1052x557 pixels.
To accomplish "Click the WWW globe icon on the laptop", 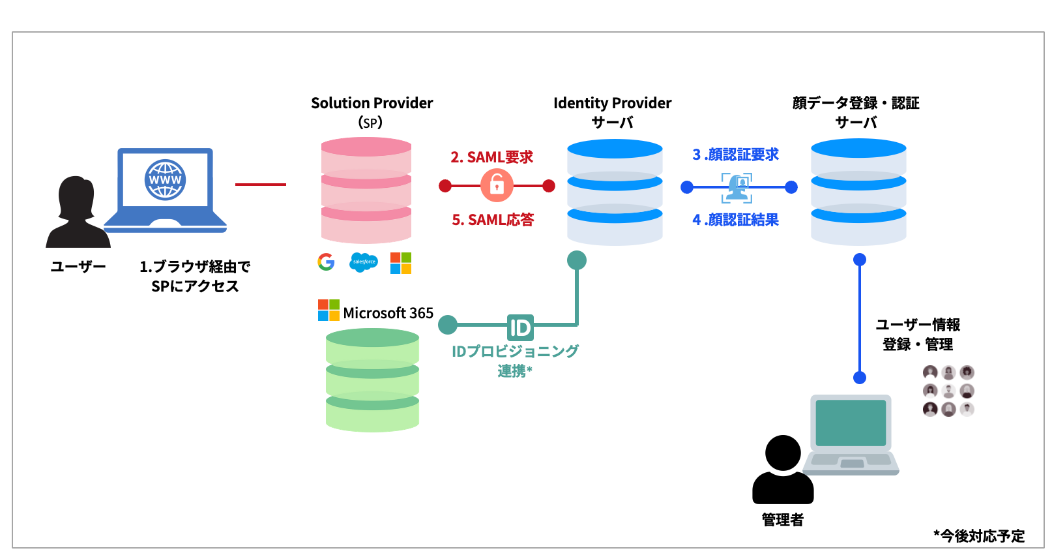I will [x=165, y=179].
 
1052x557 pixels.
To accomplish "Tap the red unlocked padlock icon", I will [x=497, y=186].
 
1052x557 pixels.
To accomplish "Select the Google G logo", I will [x=326, y=262].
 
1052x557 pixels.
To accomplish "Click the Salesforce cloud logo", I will [x=364, y=262].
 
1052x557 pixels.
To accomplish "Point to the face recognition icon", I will [x=737, y=188].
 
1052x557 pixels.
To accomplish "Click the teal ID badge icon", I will [x=520, y=327].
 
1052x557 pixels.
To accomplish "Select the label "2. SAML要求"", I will [x=492, y=157].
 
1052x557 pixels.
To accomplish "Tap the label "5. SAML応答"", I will [x=493, y=220].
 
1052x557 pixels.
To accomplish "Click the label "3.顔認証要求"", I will [x=736, y=155].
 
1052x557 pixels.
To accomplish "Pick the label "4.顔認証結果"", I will [x=736, y=220].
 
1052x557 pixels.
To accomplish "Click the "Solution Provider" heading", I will [x=372, y=103].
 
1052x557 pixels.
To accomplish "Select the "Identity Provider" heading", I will [x=612, y=103].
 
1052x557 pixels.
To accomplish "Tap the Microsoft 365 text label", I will [x=388, y=313].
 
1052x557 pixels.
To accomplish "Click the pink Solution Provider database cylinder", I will [x=366, y=190].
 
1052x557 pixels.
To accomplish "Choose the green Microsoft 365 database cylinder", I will [x=372, y=380].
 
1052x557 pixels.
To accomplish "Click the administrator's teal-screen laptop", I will [x=851, y=433].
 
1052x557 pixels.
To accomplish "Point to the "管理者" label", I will [x=782, y=520].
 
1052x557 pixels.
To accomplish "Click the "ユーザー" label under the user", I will [x=78, y=266].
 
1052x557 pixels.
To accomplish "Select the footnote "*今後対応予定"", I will [x=979, y=536].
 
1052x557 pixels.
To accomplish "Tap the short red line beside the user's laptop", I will [x=261, y=185].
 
